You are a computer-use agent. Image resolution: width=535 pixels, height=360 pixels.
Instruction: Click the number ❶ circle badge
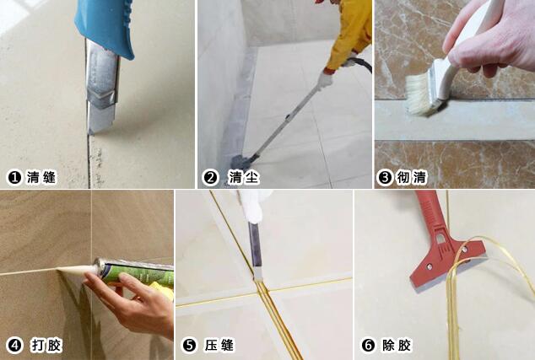pos(14,177)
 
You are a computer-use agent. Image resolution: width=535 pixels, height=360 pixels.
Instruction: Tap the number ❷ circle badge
pos(210,178)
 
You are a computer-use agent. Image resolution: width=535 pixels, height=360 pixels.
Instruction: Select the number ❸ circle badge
pos(385,178)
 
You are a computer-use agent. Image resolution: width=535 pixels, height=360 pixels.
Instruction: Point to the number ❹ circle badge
pos(14,346)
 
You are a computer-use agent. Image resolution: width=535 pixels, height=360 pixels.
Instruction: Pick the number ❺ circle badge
pos(189,346)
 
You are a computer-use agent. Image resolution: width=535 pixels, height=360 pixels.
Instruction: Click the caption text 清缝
pos(41,177)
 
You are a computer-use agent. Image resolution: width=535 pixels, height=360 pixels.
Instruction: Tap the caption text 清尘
pos(243,178)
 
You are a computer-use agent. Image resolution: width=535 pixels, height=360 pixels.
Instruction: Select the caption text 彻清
pos(412,178)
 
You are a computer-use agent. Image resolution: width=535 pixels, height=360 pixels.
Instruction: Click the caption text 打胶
pos(46,346)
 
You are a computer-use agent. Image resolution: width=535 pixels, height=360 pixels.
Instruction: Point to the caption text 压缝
pos(219,346)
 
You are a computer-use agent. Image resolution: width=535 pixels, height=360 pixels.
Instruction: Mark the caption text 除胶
pos(397,346)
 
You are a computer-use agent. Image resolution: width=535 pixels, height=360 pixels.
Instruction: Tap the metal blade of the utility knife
pos(101,87)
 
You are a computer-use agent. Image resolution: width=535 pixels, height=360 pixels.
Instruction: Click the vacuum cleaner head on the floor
pos(243,160)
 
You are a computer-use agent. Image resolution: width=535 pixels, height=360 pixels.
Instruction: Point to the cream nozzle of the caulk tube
pos(77,270)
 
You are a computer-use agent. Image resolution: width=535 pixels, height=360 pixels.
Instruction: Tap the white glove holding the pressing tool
pos(253,207)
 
